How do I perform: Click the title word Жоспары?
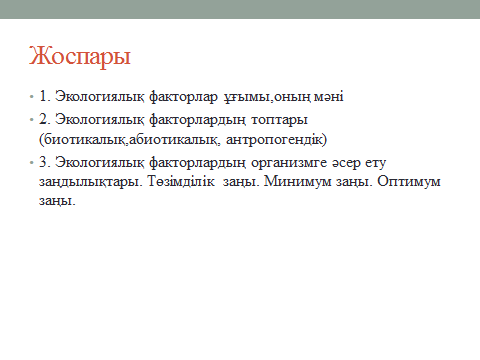pos(80,56)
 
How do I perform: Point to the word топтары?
pos(279,120)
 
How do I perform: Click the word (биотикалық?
pos(83,139)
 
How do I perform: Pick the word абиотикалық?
pos(175,139)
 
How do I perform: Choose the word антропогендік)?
pos(276,139)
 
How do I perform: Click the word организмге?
pos(289,163)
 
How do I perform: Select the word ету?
pos(375,163)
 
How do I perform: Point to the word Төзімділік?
pos(181,181)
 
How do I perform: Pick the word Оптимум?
pos(409,181)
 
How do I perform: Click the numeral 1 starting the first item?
pos(43,96)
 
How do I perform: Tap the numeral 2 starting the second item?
pos(43,119)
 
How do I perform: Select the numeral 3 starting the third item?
pos(43,162)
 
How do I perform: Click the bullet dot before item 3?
pos(32,163)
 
